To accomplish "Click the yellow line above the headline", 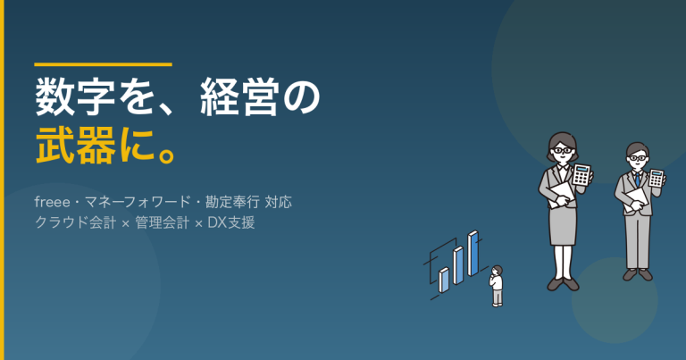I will click(x=103, y=64).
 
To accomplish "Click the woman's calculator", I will click(x=582, y=174).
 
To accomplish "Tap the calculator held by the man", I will click(x=657, y=179).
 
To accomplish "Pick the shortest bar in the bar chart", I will click(x=444, y=280).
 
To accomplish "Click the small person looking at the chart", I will click(x=497, y=285).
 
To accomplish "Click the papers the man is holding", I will click(x=633, y=197).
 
